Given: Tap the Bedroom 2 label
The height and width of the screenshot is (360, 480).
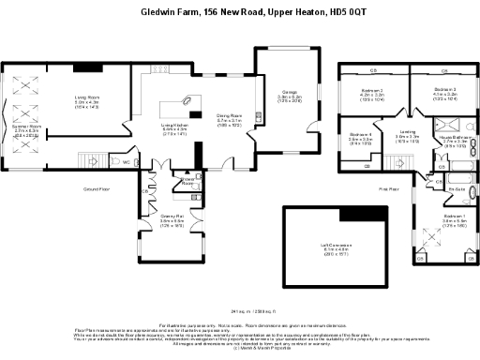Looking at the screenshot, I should [373, 92].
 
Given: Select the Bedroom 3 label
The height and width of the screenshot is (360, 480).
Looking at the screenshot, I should [445, 91].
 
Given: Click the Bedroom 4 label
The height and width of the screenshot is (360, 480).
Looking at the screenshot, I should [361, 136].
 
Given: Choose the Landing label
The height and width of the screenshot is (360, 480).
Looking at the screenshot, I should [407, 133].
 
